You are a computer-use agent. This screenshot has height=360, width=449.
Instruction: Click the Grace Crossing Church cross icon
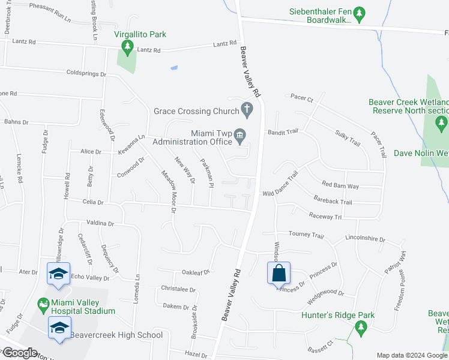246,109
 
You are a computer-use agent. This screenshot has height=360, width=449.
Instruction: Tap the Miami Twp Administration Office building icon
240,137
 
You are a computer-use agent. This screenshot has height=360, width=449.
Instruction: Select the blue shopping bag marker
279,274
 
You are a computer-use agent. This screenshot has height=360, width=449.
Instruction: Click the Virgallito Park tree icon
127,46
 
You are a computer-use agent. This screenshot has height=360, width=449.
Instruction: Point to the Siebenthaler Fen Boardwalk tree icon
359,13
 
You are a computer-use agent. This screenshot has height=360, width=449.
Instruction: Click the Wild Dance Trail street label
280,185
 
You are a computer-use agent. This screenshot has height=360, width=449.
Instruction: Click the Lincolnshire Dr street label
365,238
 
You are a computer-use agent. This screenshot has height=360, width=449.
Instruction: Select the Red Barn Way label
340,185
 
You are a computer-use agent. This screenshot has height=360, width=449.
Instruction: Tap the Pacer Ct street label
302,96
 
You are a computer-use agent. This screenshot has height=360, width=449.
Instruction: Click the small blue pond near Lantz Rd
174,68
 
